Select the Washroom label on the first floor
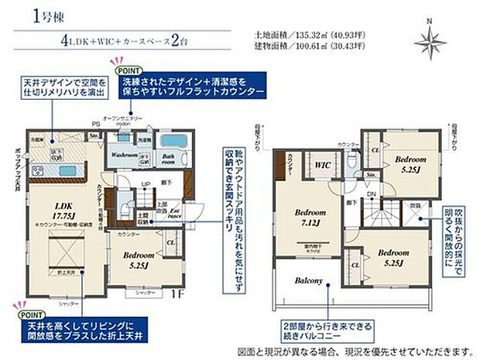tap(123, 155)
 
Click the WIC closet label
tap(323, 164)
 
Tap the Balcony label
tap(308, 281)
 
